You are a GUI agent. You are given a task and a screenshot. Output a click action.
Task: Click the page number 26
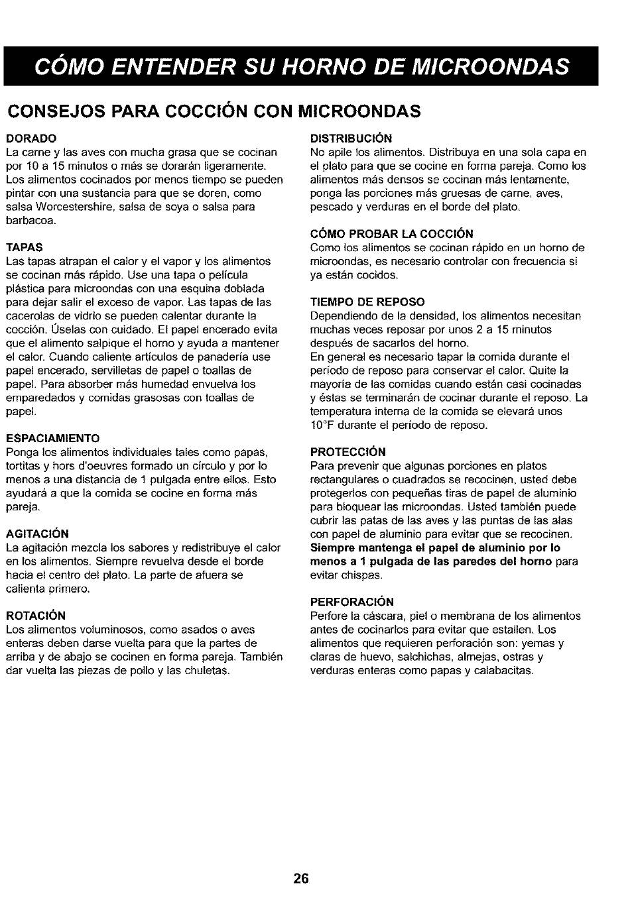click(300, 879)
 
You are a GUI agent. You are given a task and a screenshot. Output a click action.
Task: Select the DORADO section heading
click(31, 139)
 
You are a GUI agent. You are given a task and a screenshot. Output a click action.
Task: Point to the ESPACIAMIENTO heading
click(53, 438)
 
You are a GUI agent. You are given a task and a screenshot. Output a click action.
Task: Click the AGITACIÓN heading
click(37, 534)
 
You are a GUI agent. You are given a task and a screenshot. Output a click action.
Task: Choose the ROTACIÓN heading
click(36, 616)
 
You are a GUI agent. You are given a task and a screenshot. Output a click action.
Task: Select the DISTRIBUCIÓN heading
click(351, 139)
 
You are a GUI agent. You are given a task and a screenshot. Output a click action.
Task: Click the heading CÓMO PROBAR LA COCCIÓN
click(391, 234)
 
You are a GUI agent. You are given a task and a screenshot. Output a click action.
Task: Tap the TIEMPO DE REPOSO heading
click(367, 302)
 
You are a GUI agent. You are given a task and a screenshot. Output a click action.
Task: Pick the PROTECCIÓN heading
click(348, 452)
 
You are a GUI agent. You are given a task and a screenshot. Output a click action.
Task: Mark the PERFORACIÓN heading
click(351, 602)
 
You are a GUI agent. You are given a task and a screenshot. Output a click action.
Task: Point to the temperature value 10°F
click(324, 425)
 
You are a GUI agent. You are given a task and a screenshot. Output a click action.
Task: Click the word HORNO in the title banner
click(351, 66)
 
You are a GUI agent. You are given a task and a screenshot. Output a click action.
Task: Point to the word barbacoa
click(31, 221)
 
